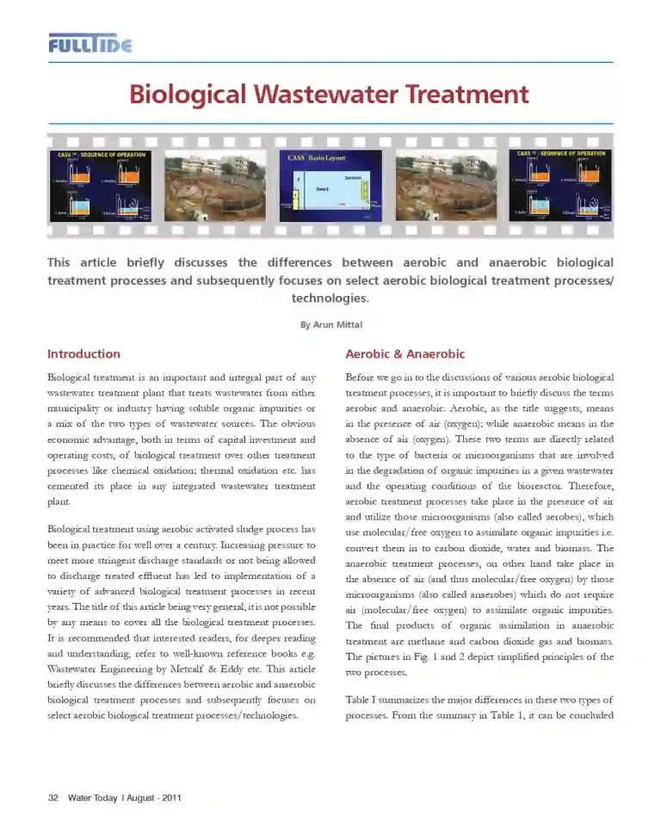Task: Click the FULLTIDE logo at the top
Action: click(90, 44)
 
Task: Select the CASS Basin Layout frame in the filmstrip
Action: click(330, 185)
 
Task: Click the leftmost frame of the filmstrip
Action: click(102, 185)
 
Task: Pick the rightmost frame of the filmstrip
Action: click(560, 185)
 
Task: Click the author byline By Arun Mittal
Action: click(330, 324)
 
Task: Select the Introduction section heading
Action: click(83, 353)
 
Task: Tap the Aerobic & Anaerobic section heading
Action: click(405, 353)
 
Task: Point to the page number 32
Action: click(53, 797)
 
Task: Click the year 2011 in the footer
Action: click(170, 797)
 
